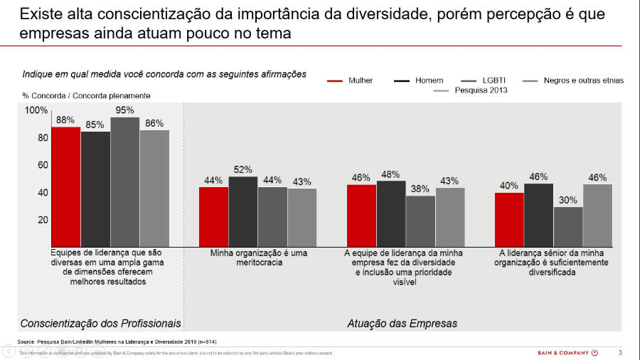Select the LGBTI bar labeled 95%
125,181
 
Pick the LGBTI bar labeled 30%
568,226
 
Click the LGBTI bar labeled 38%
420,221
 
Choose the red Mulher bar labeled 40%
509,219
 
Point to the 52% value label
243,169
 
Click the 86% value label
154,123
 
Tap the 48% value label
390,174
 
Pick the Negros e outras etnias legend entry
583,80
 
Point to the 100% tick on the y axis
36,110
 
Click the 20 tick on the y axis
42,220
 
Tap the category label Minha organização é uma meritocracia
257,258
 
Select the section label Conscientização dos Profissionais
101,323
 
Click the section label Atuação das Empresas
402,323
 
